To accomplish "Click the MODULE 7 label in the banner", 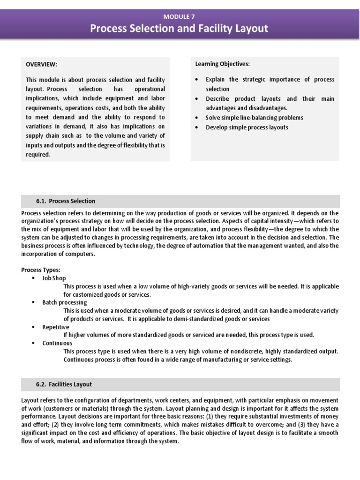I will pyautogui.click(x=180, y=16).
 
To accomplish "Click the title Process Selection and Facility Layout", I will pyautogui.click(x=179, y=29).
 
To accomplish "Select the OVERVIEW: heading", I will pyautogui.click(x=41, y=64).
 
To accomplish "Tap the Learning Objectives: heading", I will pyautogui.click(x=222, y=64).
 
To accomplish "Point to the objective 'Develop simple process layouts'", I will pyautogui.click(x=247, y=127).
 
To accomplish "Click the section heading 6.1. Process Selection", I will pyautogui.click(x=66, y=201).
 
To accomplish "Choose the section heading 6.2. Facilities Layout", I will pyautogui.click(x=64, y=384).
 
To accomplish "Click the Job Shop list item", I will pyautogui.click(x=54, y=278).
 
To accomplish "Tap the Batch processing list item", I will pyautogui.click(x=65, y=302).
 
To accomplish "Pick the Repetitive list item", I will pyautogui.click(x=55, y=327).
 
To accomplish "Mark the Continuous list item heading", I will pyautogui.click(x=57, y=343).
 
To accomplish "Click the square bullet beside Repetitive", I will pyautogui.click(x=34, y=327).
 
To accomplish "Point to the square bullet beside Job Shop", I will pyautogui.click(x=34, y=278).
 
